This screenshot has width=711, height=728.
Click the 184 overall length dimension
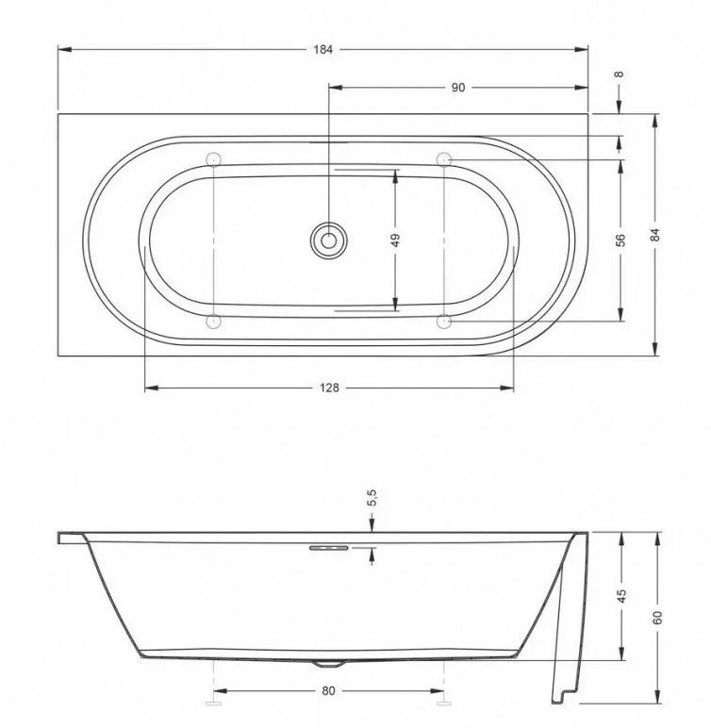tap(323, 50)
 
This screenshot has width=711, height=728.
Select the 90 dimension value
tap(458, 88)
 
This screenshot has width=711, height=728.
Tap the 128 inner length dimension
tap(329, 388)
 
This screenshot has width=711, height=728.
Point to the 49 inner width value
tap(395, 240)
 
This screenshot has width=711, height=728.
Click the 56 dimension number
tap(620, 240)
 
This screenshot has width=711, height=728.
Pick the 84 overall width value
tap(654, 235)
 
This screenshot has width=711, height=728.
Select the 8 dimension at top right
tap(620, 74)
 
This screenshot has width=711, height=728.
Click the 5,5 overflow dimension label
tap(372, 498)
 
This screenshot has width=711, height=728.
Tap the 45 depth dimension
tap(621, 596)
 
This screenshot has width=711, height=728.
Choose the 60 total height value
tap(656, 618)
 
